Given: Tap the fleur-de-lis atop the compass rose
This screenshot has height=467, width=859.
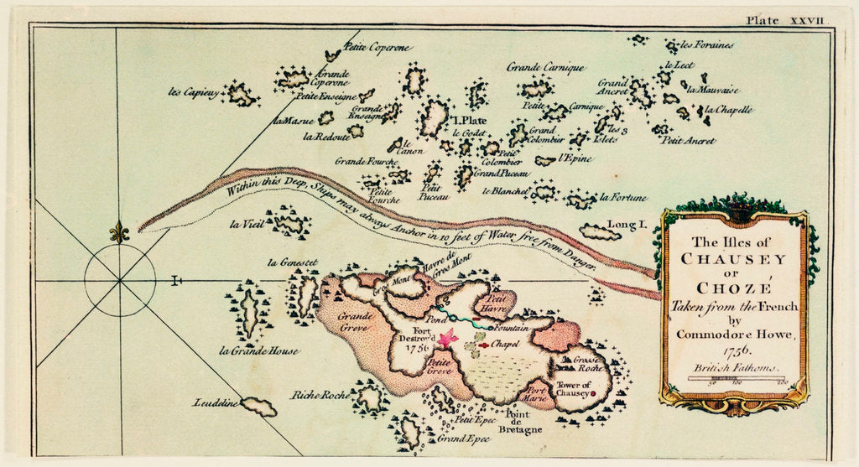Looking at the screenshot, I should tap(119, 232).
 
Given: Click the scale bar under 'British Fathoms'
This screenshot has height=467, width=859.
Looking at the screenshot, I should tap(737, 379).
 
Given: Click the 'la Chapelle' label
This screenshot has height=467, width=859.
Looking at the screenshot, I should tap(728, 109).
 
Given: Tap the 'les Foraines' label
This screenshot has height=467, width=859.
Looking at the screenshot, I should tap(706, 44).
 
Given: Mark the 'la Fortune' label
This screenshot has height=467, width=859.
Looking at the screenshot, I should tap(623, 198).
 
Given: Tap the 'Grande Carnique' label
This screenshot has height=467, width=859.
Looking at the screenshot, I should tap(545, 67).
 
